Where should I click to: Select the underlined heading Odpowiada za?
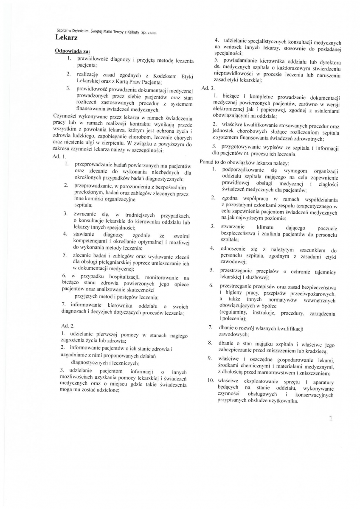click(x=70, y=51)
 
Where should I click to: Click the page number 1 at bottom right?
click(x=331, y=418)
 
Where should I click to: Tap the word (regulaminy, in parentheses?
click(x=235, y=313)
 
